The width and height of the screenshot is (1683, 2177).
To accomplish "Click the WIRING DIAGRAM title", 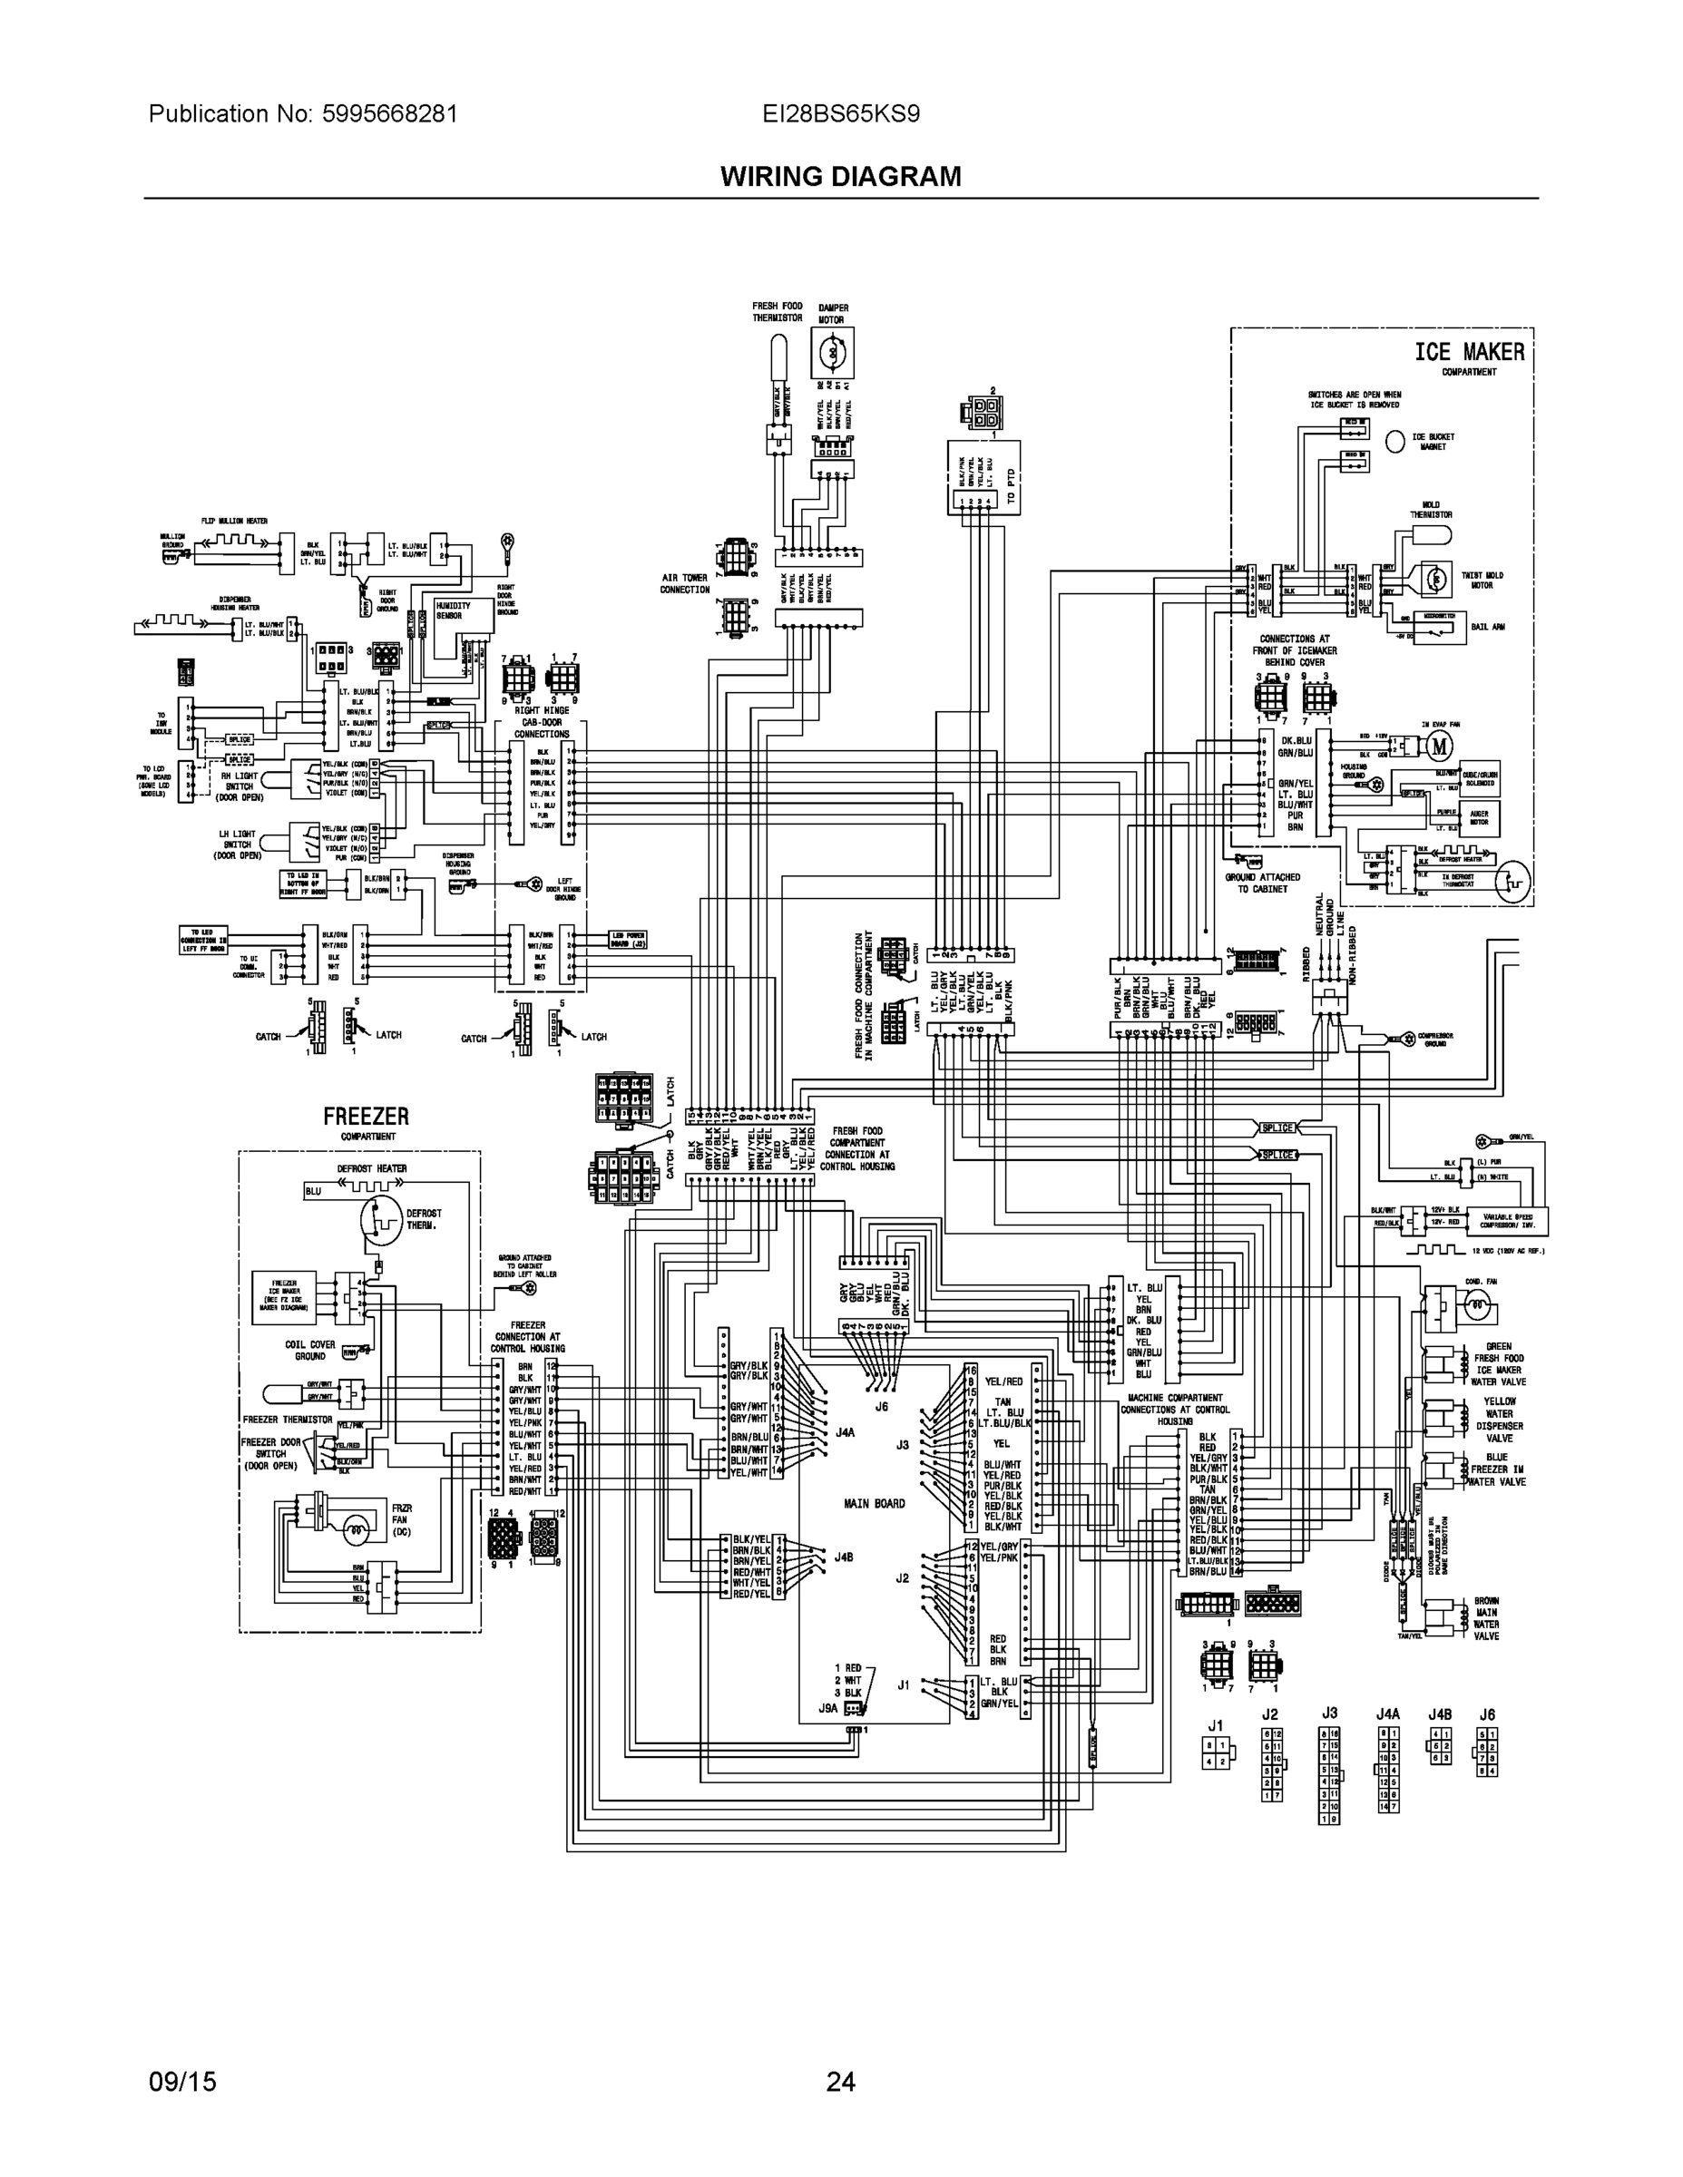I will [x=840, y=177].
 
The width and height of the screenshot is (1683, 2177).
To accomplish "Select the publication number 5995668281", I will [x=390, y=113].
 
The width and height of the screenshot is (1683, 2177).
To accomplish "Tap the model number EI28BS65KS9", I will [x=840, y=113].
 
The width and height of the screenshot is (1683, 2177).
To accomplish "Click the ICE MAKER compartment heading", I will [x=1469, y=352].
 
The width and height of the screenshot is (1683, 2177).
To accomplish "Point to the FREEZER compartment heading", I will [x=366, y=1117].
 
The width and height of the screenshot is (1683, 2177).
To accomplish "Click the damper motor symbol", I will [x=832, y=352].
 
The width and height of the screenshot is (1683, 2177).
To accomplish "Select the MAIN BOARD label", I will [x=875, y=1503].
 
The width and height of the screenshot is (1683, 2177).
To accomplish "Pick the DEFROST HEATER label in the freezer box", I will [x=372, y=1168].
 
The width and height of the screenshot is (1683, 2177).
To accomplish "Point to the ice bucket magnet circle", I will [x=1394, y=442].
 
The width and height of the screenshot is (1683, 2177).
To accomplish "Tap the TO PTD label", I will [x=1011, y=484].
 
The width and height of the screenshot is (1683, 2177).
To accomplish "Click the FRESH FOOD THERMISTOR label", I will [x=777, y=312].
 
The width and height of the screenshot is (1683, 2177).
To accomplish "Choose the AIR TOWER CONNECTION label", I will [x=685, y=583].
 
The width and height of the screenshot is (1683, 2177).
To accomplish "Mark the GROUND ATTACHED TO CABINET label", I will [x=1262, y=883].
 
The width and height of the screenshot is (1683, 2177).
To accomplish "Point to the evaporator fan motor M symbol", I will [x=1439, y=746].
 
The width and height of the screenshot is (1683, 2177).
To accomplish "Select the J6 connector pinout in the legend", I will [x=1487, y=1752].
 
